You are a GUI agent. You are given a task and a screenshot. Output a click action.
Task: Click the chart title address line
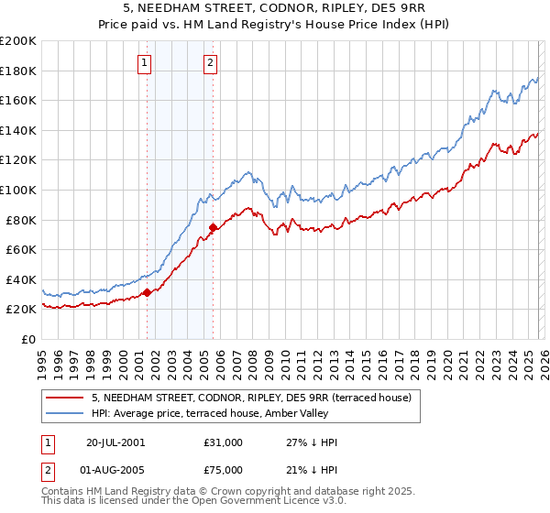tap(275, 7)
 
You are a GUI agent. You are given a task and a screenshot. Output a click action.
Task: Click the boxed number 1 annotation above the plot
tap(146, 63)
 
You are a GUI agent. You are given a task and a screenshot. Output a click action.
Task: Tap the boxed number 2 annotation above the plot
tap(211, 63)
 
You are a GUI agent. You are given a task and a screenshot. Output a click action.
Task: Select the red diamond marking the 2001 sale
tap(147, 293)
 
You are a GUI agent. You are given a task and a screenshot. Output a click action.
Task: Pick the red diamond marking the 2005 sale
tap(213, 227)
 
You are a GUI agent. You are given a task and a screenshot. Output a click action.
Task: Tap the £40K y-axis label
tap(22, 279)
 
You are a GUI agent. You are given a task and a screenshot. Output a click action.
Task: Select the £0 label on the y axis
tap(29, 339)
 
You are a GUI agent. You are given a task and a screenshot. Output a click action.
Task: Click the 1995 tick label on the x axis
tap(42, 357)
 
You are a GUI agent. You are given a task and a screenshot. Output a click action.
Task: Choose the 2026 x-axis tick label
tap(543, 357)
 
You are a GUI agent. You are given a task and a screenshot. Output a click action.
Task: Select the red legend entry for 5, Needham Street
tap(257, 398)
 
